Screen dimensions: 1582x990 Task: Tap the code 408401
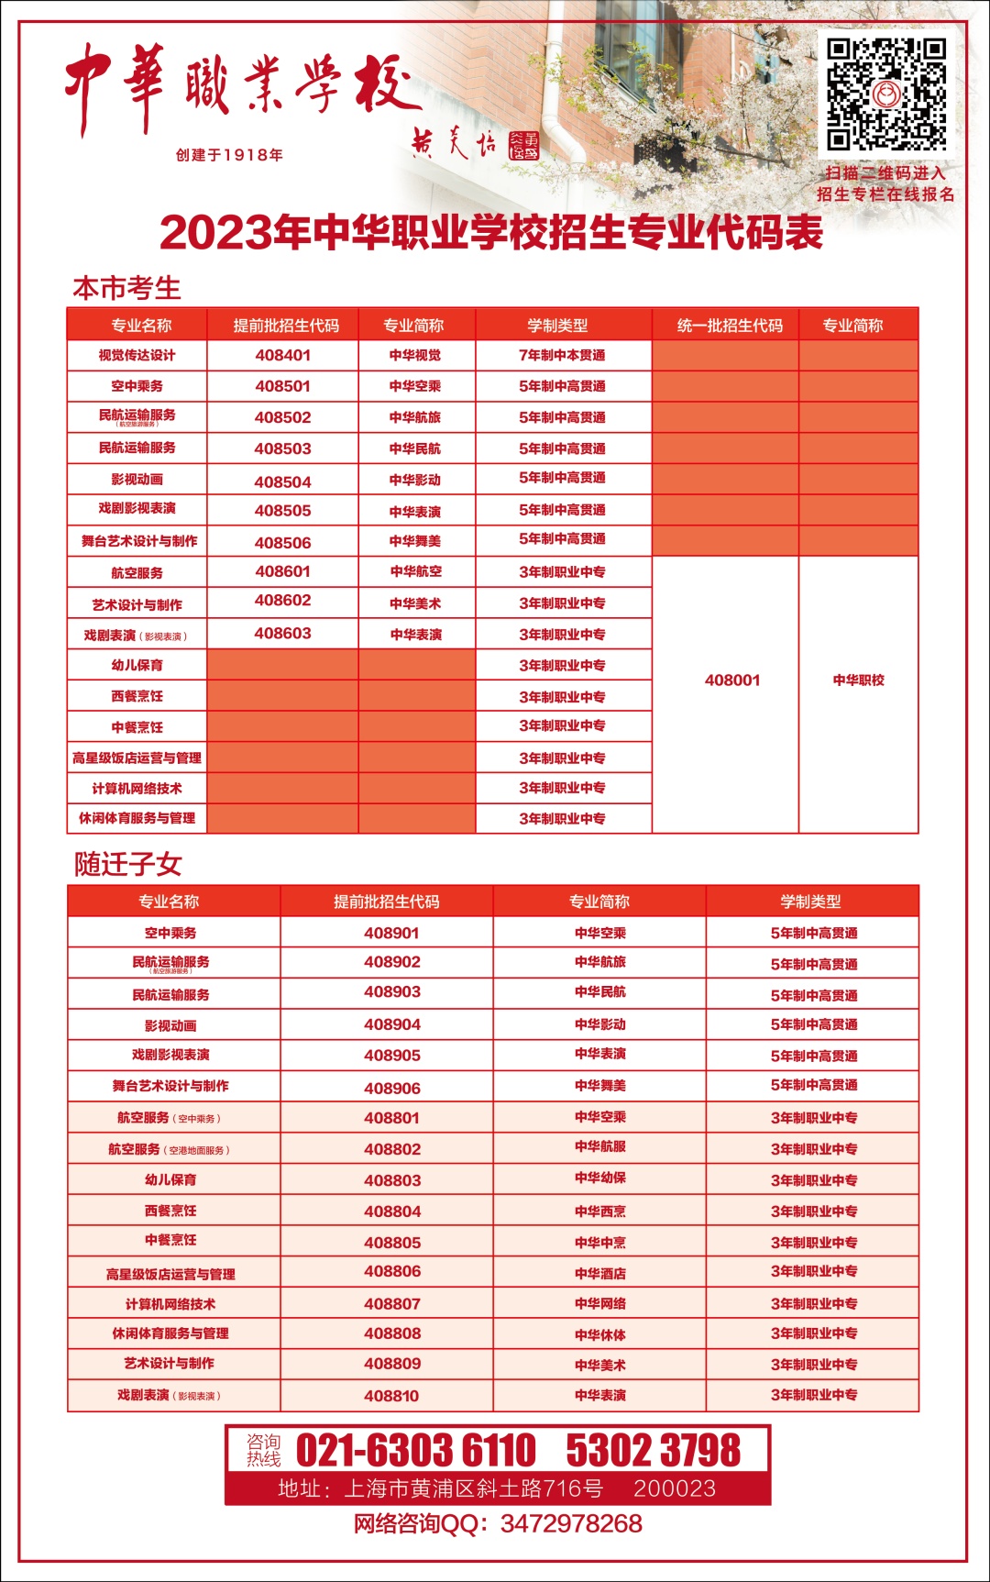tap(282, 355)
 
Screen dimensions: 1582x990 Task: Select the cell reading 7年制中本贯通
tap(562, 355)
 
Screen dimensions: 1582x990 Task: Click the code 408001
tap(732, 680)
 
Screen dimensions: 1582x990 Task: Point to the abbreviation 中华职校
tap(858, 680)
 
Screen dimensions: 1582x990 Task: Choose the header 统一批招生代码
tap(730, 326)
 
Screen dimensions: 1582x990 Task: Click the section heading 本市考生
tap(126, 288)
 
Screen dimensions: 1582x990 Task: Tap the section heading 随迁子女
tap(128, 864)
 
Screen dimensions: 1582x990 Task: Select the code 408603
tap(282, 634)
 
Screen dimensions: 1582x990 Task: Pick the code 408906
tap(391, 1089)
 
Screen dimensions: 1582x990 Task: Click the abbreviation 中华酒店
tap(600, 1273)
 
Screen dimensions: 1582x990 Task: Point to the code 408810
tap(391, 1396)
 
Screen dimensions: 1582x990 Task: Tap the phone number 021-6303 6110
tap(415, 1451)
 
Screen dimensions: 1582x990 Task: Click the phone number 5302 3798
tap(653, 1451)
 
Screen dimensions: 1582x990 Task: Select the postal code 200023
tap(675, 1488)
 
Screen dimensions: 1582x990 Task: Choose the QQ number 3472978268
tap(571, 1524)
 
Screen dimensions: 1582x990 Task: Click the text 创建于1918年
tap(229, 155)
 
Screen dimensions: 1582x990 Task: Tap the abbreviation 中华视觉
tap(414, 356)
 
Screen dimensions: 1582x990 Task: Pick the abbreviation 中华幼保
tap(600, 1178)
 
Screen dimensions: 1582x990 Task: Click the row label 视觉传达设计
tap(137, 356)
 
